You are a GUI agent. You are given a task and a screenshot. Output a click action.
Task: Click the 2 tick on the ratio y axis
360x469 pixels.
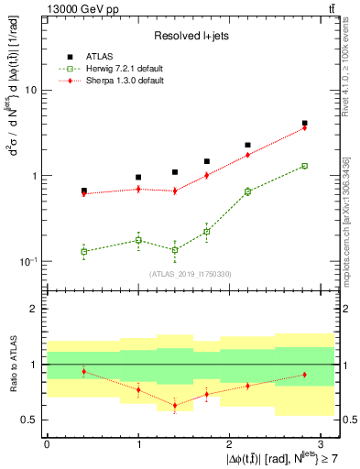point(34,309)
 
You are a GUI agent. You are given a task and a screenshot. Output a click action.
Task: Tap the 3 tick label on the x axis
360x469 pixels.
point(322,442)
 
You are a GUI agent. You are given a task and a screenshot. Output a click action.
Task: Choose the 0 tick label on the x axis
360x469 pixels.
point(47,442)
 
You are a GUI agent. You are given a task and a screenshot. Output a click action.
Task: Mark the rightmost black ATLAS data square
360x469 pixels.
point(304,123)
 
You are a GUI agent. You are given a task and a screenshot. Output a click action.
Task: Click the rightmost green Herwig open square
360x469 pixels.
point(304,166)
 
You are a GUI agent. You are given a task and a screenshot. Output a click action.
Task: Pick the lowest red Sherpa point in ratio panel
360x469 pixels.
point(175,405)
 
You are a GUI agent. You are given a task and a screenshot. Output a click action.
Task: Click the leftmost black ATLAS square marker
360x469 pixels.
point(84,191)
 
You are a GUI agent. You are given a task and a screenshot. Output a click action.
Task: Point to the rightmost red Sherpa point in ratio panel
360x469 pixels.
point(304,375)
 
